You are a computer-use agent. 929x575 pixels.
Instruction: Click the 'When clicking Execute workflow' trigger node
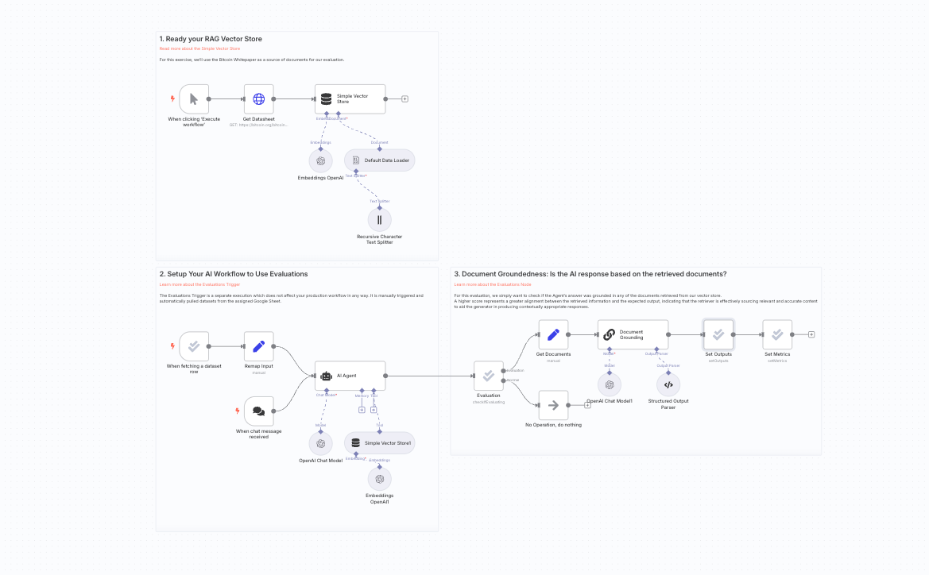[x=194, y=99]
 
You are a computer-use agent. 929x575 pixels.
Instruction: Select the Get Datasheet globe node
[x=258, y=99]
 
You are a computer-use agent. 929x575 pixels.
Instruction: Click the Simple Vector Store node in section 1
[x=350, y=99]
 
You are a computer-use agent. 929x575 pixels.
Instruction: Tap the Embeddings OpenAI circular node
[x=320, y=160]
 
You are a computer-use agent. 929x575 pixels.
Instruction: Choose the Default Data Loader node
[x=380, y=160]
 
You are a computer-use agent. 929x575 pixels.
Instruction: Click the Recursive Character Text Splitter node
[x=380, y=219]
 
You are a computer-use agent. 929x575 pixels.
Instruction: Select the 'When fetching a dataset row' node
[x=194, y=346]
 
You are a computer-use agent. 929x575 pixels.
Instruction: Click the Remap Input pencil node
[x=258, y=346]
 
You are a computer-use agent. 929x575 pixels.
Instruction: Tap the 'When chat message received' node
[x=258, y=411]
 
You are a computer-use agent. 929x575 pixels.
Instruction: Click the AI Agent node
[x=350, y=376]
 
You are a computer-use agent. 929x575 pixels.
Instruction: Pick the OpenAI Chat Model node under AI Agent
[x=320, y=443]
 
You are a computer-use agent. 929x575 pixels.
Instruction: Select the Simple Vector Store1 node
[x=380, y=443]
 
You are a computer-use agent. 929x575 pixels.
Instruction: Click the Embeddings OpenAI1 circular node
[x=380, y=479]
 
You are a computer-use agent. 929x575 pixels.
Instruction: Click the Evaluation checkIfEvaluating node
[x=489, y=376]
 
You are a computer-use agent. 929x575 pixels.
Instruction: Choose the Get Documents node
[x=553, y=334]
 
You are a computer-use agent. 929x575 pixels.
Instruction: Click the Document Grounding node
[x=633, y=334]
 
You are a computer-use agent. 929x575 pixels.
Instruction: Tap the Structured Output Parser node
[x=668, y=384]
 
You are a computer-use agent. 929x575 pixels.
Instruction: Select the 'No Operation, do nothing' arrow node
[x=553, y=405]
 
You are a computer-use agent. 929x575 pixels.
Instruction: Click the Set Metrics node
[x=777, y=334]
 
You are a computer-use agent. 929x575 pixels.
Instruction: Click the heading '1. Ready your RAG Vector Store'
[x=211, y=39]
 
